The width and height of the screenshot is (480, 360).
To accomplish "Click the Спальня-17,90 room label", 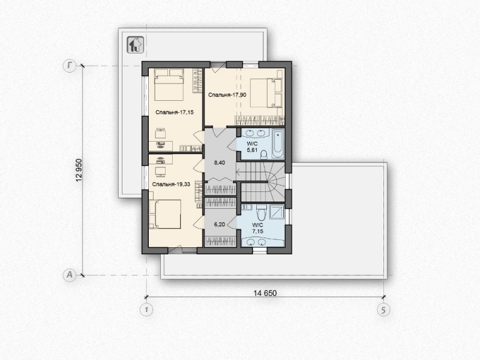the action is click(227, 95).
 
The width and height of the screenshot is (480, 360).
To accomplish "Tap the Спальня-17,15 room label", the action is click(175, 112).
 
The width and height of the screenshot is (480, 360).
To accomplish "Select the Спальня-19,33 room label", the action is click(171, 184).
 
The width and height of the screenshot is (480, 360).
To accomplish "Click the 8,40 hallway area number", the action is click(219, 163).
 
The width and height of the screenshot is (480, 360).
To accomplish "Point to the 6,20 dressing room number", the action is click(219, 224).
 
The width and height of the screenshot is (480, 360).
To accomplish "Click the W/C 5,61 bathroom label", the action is click(252, 146).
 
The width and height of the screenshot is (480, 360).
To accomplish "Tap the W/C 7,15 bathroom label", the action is click(257, 229).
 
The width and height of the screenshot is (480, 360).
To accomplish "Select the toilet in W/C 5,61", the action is click(263, 155).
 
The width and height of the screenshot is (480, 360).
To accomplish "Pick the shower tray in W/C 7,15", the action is click(277, 212).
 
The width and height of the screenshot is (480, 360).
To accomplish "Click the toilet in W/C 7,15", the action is click(262, 213).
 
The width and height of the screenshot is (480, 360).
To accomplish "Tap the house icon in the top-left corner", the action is click(136, 45).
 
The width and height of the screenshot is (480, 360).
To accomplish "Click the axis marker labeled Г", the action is click(70, 66).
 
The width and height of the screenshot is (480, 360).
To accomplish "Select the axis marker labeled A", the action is click(70, 275).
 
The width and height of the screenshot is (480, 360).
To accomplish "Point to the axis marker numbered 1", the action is click(146, 310).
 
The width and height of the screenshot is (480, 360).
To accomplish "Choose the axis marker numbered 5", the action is click(383, 310).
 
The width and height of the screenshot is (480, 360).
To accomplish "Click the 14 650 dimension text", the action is click(265, 293).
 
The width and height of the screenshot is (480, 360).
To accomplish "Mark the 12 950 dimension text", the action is click(79, 170).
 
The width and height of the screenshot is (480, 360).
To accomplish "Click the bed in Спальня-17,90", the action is click(266, 93).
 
